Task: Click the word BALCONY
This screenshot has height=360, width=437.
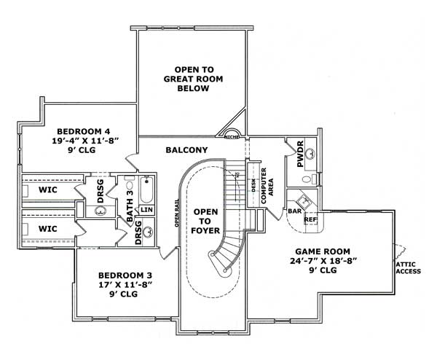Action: [x=186, y=150]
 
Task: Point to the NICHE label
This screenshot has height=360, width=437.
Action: [x=232, y=136]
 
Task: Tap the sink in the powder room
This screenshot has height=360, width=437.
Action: [x=310, y=154]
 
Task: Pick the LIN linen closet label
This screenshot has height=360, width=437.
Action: [x=146, y=210]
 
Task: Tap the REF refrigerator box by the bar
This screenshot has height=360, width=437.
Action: [x=310, y=219]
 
